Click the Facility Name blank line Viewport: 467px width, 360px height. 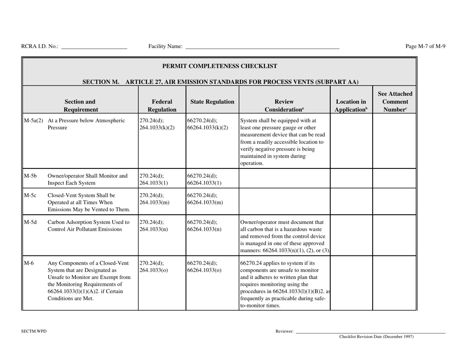coord(262,47)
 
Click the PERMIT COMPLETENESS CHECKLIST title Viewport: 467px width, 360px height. coord(219,66)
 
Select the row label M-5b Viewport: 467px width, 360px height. coord(30,175)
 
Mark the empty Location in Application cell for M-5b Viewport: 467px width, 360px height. coord(350,178)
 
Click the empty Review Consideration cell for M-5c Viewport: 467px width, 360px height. coord(285,200)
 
